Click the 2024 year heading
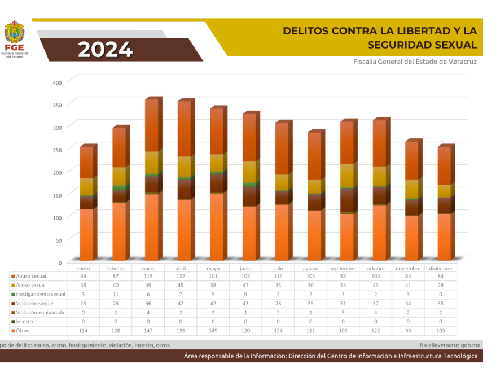[x=105, y=50]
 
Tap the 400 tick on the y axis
[x=56, y=82]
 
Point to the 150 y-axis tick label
[x=56, y=194]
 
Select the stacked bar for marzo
[x=151, y=179]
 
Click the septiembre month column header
[x=343, y=268]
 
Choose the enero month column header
[x=83, y=268]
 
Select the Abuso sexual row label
[x=32, y=276]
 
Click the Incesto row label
[x=26, y=321]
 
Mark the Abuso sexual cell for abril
[x=181, y=276]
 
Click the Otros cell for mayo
[x=213, y=330]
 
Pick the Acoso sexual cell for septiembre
[x=343, y=285]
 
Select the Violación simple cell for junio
[x=245, y=303]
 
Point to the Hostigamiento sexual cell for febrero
[x=116, y=294]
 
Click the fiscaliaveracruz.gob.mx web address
[x=450, y=344]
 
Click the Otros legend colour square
[x=12, y=330]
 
